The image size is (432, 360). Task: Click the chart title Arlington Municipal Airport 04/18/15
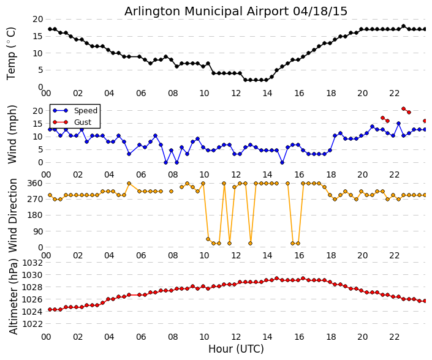[236, 12]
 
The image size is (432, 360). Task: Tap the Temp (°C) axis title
[12, 53]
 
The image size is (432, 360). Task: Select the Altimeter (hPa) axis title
[13, 296]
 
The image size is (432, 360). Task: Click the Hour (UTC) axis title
[236, 349]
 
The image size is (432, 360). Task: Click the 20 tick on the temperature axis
[37, 20]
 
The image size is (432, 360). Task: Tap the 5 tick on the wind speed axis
[40, 149]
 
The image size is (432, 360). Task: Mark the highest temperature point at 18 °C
[403, 26]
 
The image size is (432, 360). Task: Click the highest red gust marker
[403, 109]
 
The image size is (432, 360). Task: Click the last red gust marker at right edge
[425, 121]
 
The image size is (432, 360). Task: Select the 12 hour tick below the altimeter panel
[236, 337]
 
